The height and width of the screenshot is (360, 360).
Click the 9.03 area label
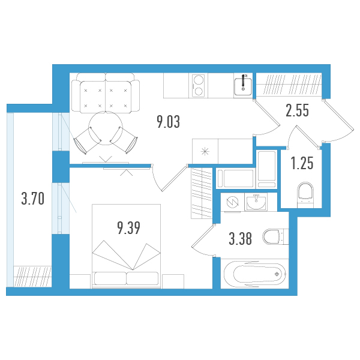pos(168,122)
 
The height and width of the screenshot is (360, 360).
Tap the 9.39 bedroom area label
pos(128,228)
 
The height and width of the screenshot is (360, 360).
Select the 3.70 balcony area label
pos(32,199)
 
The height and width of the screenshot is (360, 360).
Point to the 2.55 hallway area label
pos(297,110)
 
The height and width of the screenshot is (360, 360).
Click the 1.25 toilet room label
pos(302,163)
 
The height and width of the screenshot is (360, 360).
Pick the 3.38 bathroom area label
pos(240,239)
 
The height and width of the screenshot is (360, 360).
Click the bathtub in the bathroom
pos(254,274)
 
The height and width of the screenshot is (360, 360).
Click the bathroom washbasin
pos(256,202)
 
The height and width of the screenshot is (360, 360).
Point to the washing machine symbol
pos(232,202)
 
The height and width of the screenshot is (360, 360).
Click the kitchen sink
pos(243,86)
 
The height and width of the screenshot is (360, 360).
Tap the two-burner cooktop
pos(199,86)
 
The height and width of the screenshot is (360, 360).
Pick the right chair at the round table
pos(124,140)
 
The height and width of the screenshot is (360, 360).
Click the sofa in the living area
pos(106,93)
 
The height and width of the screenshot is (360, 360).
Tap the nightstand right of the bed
pos(173,281)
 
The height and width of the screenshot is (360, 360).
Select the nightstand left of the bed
pos(80,281)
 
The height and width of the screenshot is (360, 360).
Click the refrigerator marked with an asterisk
pos(205,151)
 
